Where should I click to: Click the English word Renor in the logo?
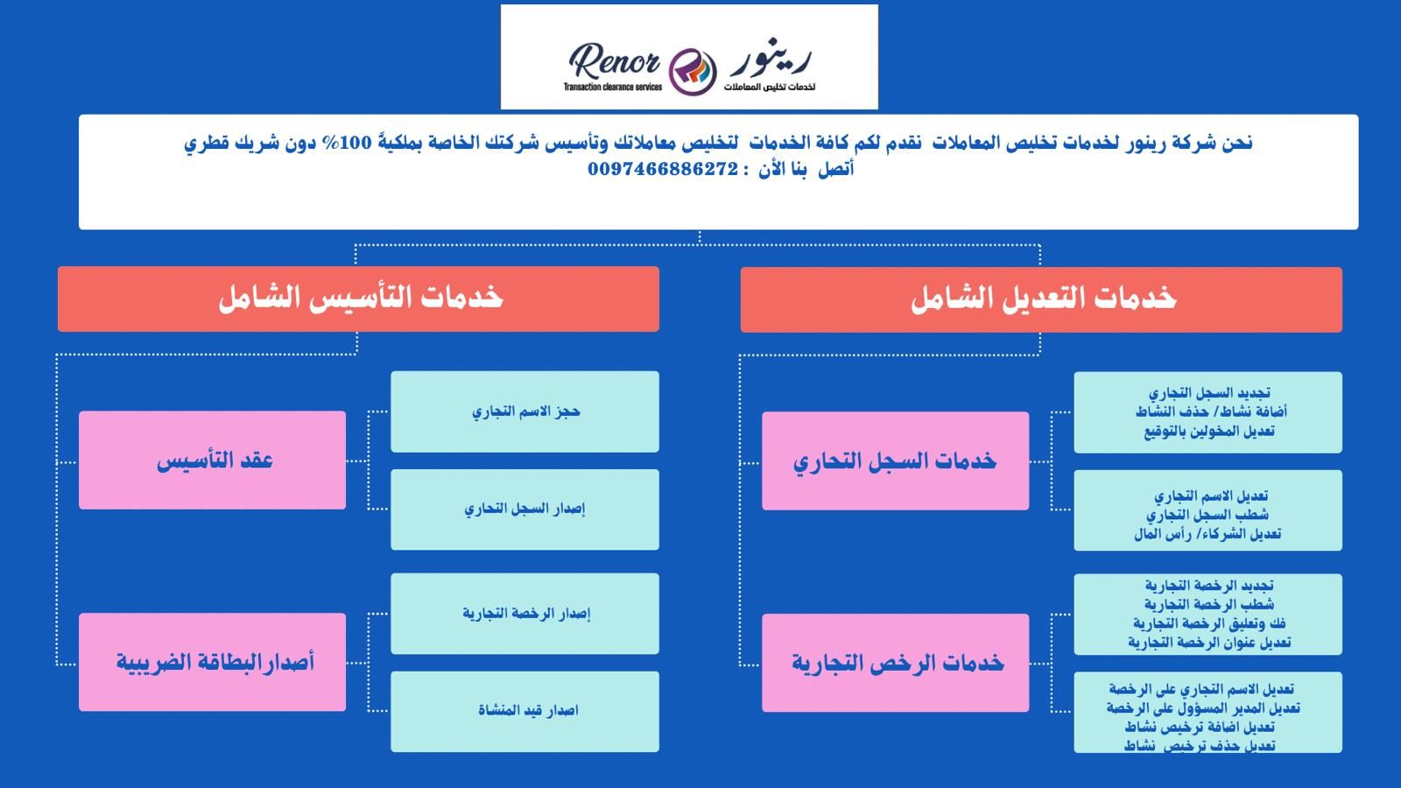coord(614,60)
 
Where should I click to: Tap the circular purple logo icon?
coord(693,71)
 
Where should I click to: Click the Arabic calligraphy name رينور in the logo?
coord(771,59)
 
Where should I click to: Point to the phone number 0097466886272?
coord(663,169)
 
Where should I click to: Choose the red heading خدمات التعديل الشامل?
coord(1041,299)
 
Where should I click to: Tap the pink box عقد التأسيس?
coord(212,460)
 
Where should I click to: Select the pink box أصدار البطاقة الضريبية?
coord(212,662)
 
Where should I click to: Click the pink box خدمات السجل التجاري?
coord(895,461)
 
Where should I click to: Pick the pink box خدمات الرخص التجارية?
coord(895,663)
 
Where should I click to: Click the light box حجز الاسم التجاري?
coord(524,412)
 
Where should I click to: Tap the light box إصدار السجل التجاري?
coord(524,510)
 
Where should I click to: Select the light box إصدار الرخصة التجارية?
coord(524,614)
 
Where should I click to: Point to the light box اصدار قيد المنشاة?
coord(524,712)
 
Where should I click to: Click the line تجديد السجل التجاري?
coord(1209,393)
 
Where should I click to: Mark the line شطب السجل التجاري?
coord(1207,515)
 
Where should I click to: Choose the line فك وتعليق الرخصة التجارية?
coord(1209,623)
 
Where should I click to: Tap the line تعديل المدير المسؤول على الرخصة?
coord(1203,708)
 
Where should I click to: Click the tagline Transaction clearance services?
coord(612,87)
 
